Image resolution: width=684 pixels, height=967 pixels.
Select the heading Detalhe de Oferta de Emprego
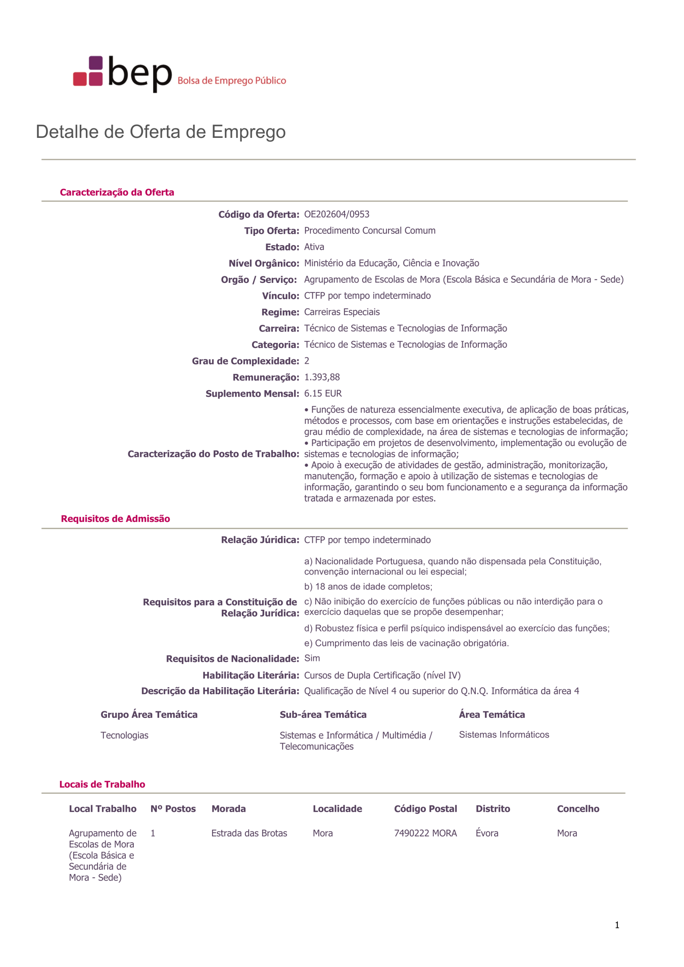pos(161,132)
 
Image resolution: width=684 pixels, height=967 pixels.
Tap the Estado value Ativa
pos(314,247)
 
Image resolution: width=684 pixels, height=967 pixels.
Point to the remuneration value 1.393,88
pos(322,377)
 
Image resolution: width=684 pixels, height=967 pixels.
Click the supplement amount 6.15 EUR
pos(323,393)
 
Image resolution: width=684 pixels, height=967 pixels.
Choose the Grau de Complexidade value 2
pos(307,361)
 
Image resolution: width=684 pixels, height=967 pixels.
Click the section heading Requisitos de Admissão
pos(116,519)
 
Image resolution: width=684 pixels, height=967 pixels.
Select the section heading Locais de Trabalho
pos(102,784)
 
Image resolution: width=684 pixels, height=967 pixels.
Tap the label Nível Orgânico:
pos(264,263)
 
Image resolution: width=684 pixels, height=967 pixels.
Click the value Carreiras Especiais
pos(342,312)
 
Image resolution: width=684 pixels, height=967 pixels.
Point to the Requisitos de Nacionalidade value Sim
pos(312,658)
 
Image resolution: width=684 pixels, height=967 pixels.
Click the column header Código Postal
pos(425,809)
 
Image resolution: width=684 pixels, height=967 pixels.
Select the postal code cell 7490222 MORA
pos(425,833)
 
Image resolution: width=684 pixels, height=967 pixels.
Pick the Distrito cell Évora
pos(487,833)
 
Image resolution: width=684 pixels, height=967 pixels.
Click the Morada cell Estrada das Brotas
pos(249,833)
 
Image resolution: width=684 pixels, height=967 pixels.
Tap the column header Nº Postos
pos(173,809)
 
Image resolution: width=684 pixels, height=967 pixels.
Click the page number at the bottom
pos(617,925)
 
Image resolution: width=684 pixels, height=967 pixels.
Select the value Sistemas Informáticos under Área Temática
pos(504,735)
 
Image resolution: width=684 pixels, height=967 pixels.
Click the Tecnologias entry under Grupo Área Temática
pos(124,735)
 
